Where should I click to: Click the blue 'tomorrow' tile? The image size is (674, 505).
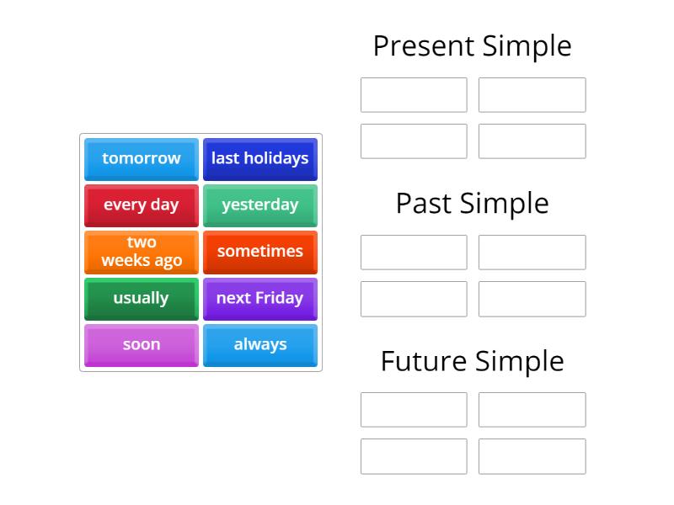pos(142,159)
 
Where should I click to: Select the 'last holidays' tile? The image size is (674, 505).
pos(259,159)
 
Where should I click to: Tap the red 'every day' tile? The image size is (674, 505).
pos(142,205)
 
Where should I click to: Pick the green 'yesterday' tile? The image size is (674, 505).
pos(259,205)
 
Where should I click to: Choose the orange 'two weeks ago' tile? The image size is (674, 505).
pos(142,252)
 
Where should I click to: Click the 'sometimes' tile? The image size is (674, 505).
pos(259,252)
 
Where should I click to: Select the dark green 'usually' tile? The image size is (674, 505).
pos(142,299)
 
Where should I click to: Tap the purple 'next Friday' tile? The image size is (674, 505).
pos(259,299)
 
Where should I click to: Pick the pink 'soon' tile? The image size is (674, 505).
pos(142,345)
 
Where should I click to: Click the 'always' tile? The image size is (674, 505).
pos(259,345)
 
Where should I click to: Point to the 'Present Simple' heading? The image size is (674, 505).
pos(472,46)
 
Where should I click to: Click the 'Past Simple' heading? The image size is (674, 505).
pos(472,204)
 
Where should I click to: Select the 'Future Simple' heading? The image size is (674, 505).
pos(472,361)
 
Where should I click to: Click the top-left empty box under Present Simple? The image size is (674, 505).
pos(414,95)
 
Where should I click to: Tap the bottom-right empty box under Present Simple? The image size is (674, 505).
pos(532,141)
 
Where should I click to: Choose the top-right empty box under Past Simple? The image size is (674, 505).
pos(532,252)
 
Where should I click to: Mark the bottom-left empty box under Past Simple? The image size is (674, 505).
pos(414,299)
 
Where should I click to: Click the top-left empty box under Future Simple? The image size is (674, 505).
pos(414,410)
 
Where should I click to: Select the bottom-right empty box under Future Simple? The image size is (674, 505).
pos(532,456)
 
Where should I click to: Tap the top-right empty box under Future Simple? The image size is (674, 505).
pos(532,410)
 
